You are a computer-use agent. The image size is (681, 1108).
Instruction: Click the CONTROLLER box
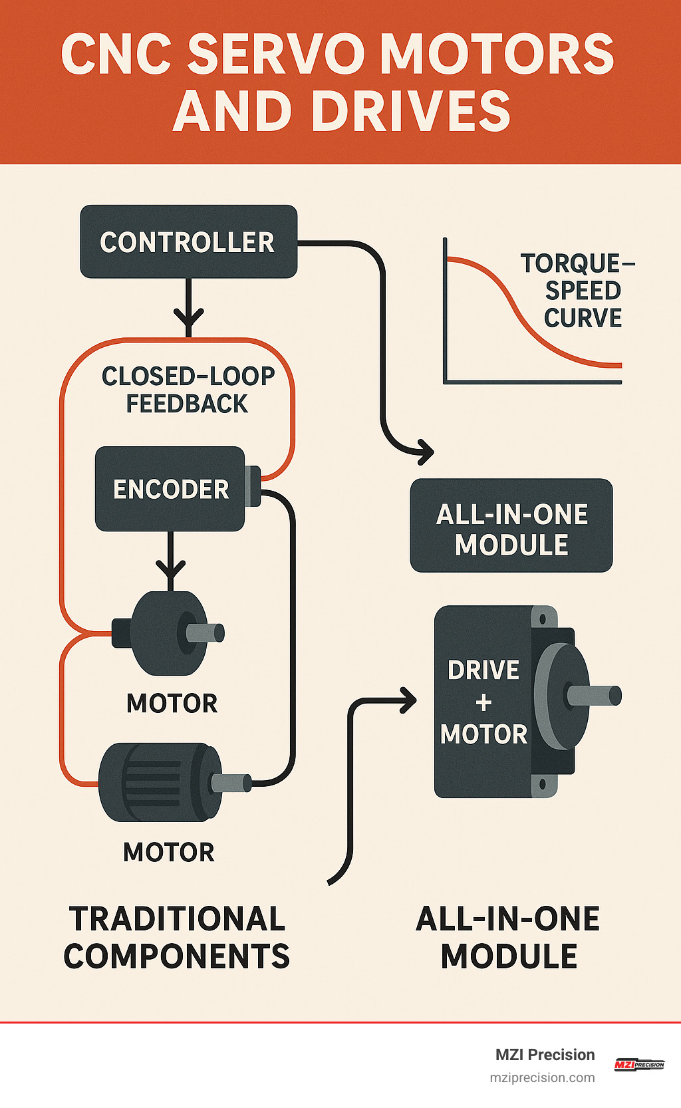188,241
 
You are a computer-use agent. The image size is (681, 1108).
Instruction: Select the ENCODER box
170,489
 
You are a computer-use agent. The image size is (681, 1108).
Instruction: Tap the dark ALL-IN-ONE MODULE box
511,526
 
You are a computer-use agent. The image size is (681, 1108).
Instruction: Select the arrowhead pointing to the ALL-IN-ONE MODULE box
424,452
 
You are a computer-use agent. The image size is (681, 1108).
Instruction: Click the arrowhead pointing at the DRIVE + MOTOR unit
407,700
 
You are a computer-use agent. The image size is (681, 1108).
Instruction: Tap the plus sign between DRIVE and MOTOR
483,702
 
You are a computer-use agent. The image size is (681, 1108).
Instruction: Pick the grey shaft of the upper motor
205,632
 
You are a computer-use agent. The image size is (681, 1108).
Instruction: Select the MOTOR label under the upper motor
172,703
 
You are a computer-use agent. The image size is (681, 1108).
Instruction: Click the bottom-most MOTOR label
169,852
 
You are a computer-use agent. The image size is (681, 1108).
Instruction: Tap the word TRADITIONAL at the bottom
178,919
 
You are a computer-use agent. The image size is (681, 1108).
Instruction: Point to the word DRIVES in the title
410,111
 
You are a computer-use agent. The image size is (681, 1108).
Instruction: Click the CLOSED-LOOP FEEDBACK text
188,390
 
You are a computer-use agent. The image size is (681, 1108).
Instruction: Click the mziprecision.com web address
542,1077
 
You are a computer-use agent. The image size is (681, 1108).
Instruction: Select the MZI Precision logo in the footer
638,1065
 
